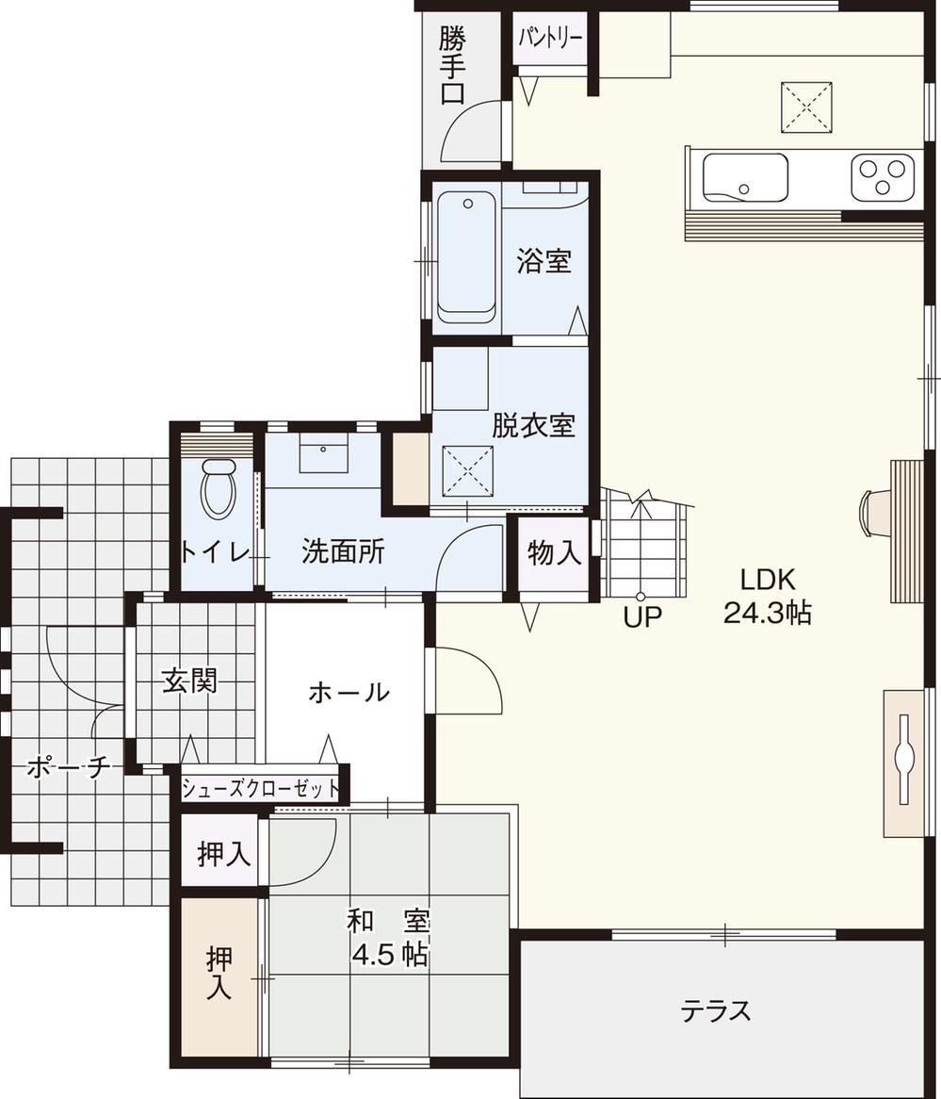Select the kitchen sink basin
tap(744, 177)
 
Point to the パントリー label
tap(549, 39)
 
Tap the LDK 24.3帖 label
tap(768, 596)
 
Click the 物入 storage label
tap(554, 553)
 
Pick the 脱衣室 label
tap(533, 425)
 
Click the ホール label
tap(348, 693)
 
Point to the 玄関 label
tap(190, 681)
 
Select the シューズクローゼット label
tap(260, 788)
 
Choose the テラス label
tap(716, 1011)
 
